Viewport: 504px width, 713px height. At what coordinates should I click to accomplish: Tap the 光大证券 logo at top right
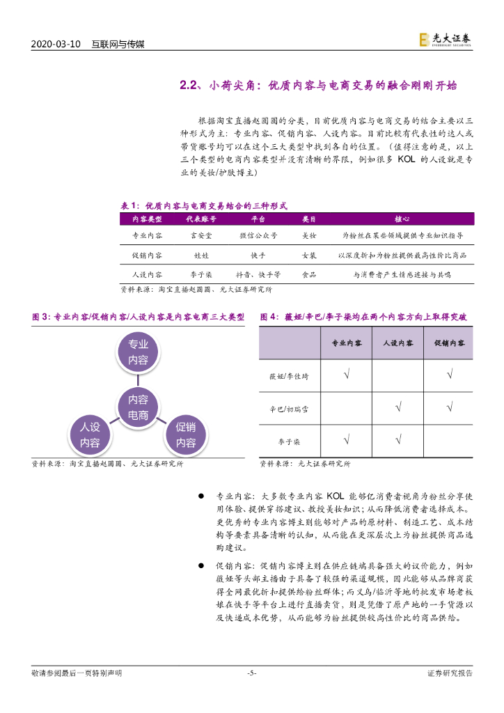tap(446, 40)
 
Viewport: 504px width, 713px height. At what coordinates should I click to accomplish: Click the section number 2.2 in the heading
tap(190, 86)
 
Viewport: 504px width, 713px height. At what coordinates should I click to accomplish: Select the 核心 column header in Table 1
tap(401, 219)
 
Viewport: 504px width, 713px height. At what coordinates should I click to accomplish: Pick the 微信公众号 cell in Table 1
tap(258, 236)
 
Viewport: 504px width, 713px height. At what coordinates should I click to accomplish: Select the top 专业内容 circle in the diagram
tap(138, 352)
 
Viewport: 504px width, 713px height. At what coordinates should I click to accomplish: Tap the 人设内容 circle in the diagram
tap(90, 435)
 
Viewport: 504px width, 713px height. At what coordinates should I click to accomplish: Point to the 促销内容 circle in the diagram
tap(186, 435)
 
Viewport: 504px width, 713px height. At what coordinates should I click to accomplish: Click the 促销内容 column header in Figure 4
tap(450, 344)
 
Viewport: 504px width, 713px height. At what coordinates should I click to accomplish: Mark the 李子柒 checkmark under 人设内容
tap(398, 439)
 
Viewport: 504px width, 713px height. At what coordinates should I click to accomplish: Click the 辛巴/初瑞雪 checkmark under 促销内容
tap(450, 408)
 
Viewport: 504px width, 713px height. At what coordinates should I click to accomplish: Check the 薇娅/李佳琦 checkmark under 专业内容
tap(347, 377)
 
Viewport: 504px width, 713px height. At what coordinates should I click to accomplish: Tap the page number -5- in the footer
tap(252, 673)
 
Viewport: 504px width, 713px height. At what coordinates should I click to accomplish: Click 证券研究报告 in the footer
tap(450, 673)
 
